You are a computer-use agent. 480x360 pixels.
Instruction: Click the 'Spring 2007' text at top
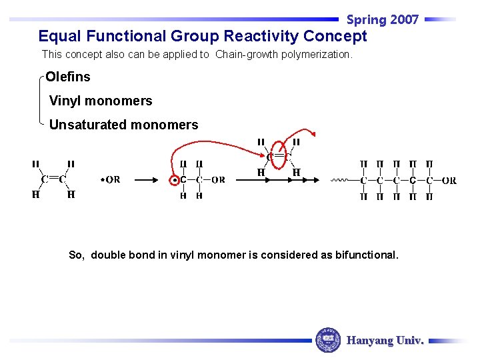pos(382,19)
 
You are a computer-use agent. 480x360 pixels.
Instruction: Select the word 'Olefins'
pos(68,77)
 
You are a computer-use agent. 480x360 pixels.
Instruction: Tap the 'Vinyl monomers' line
pos(101,101)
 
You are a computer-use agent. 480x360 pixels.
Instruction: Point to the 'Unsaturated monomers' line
pos(123,125)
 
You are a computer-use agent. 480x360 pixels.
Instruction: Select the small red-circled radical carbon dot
pos(175,180)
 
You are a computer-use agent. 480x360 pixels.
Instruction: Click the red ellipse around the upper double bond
pos(279,156)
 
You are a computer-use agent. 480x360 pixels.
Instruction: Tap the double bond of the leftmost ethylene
pos(53,179)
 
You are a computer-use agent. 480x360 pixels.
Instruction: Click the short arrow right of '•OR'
pos(146,179)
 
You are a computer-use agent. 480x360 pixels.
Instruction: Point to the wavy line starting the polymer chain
pos(339,180)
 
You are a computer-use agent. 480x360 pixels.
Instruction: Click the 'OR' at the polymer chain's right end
pos(449,180)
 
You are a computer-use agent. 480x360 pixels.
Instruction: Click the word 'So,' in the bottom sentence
pos(77,255)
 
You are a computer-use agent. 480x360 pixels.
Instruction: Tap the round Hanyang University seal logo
pos(327,340)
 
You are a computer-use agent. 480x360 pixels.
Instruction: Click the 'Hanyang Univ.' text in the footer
pos(385,341)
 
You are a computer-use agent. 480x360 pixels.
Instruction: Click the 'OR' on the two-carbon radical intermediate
pos(218,180)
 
